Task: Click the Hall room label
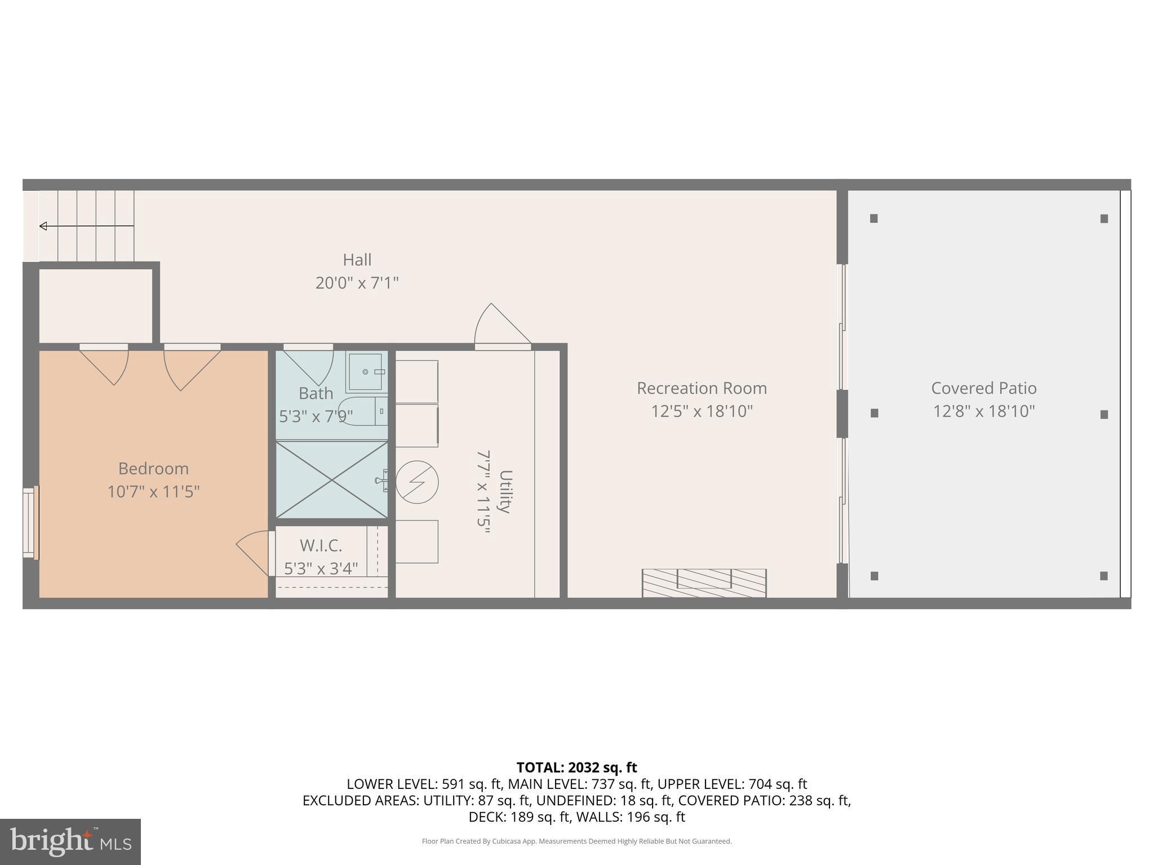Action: (x=357, y=260)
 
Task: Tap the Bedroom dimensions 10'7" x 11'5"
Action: (x=153, y=492)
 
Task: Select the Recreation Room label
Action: (x=702, y=388)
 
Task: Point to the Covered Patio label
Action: (x=983, y=388)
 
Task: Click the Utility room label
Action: (x=505, y=491)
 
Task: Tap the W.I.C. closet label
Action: (x=321, y=545)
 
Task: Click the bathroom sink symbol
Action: (x=366, y=372)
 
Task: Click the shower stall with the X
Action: (x=332, y=480)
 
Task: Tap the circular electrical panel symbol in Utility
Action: (x=417, y=483)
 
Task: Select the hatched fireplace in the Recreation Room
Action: (x=704, y=583)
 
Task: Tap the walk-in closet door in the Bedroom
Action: (x=254, y=552)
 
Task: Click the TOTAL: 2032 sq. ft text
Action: (x=576, y=768)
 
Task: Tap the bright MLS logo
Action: (x=70, y=841)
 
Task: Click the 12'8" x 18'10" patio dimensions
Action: (x=983, y=411)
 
